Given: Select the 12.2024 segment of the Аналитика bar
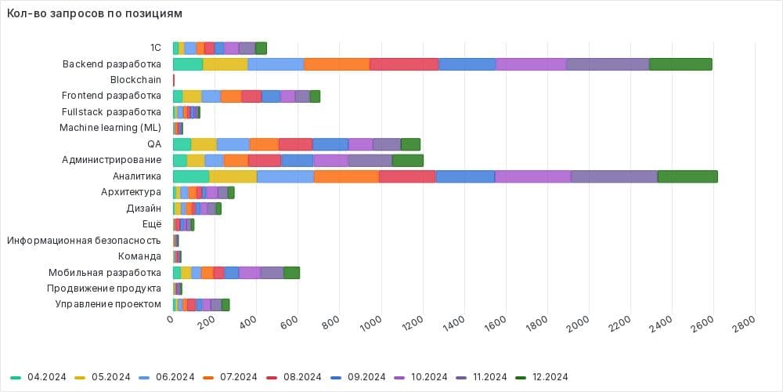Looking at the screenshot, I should point(687,176).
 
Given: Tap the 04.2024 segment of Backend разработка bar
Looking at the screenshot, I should point(188,64).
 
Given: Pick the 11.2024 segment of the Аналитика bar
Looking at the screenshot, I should point(614,176).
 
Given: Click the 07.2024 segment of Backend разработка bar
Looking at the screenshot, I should point(337,64).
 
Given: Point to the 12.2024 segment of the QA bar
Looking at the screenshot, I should point(410,144).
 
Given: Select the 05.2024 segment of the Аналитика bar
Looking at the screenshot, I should point(233,176).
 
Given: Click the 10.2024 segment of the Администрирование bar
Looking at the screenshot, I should point(330,160).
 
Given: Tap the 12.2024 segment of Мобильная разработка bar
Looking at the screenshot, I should point(291,272).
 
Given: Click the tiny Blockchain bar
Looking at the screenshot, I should point(173,80).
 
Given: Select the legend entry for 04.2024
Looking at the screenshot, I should point(42,377).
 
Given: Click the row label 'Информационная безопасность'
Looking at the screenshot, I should point(85,241).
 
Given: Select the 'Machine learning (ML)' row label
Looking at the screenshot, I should point(110,128).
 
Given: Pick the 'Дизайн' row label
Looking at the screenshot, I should point(143,209).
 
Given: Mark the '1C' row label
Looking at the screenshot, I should point(155,48).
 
